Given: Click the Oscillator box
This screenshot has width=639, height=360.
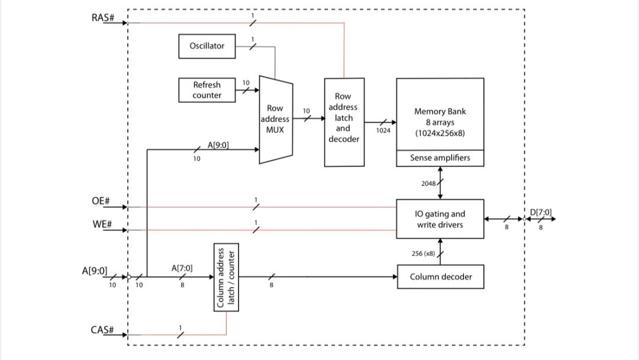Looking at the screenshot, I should (x=207, y=46).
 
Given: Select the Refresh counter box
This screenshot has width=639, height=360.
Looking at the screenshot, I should (x=207, y=90).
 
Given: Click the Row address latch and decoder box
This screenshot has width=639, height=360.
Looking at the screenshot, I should (x=343, y=122).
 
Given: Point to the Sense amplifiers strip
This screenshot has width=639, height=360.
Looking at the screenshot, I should (x=440, y=159).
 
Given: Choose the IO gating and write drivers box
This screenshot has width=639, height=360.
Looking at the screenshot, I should (x=440, y=219).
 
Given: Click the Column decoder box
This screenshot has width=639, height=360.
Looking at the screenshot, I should (x=440, y=277).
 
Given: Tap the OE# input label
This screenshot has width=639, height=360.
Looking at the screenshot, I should (x=101, y=201).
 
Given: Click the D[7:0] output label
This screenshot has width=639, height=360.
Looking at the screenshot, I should (x=541, y=211).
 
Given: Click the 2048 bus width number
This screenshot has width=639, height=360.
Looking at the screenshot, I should (x=428, y=184).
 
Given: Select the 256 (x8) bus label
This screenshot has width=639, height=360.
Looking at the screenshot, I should (x=423, y=253).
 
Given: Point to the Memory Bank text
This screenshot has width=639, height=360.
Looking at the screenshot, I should (x=439, y=111).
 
